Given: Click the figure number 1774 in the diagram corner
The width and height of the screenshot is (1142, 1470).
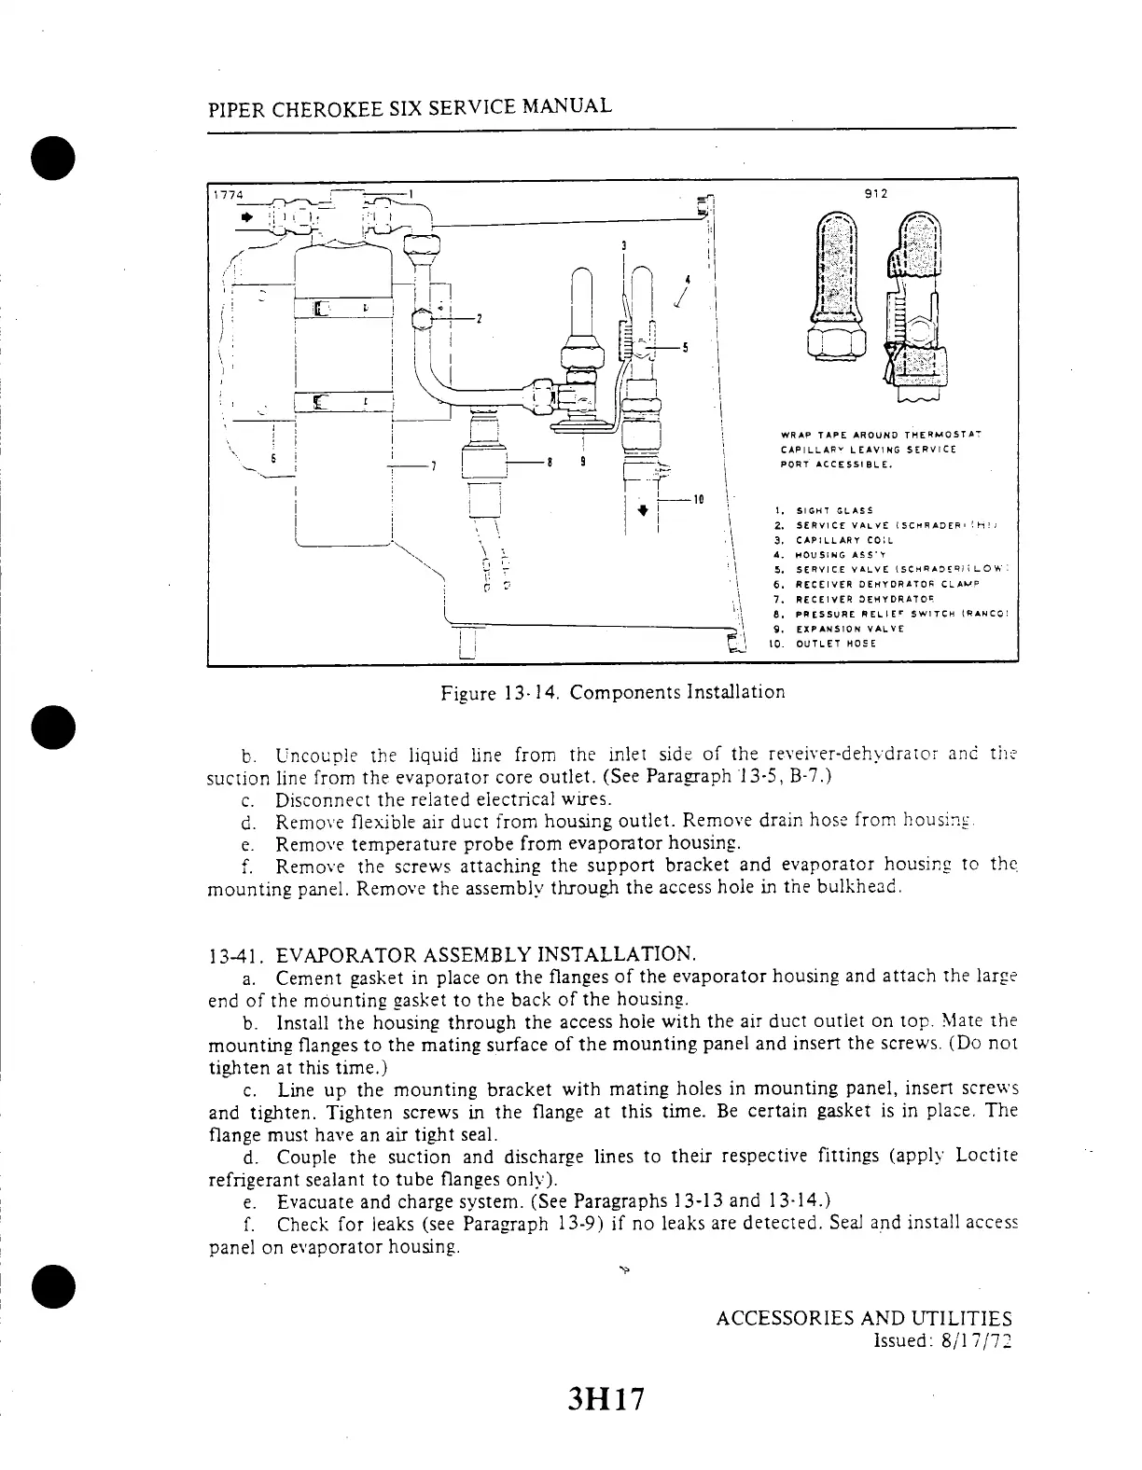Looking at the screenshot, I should (x=227, y=195).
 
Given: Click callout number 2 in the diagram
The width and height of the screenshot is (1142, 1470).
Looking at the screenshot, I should (x=479, y=319).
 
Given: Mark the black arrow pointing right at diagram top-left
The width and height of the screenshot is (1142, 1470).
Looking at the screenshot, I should (x=247, y=216).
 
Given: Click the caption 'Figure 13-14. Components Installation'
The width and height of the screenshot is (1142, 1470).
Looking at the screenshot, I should (x=613, y=693).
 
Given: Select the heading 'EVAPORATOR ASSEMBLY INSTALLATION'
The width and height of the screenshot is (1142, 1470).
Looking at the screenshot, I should (x=486, y=954).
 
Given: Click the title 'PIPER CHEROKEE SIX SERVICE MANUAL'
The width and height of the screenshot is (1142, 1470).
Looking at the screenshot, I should (x=410, y=107).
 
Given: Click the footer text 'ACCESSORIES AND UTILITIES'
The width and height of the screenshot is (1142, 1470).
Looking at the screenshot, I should (x=863, y=1319).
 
